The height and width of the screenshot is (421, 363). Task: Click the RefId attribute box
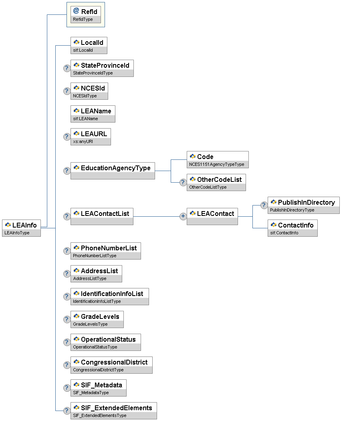click(x=85, y=15)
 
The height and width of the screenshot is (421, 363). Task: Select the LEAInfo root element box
click(x=22, y=228)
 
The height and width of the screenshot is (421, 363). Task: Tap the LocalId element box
click(x=89, y=45)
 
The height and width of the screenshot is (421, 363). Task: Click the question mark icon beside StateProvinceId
click(x=67, y=68)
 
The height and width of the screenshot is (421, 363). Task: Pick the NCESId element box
click(x=89, y=91)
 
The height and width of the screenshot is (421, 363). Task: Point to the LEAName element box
click(x=93, y=114)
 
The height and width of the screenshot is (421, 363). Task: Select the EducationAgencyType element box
click(x=113, y=171)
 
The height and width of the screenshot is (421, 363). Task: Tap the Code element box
click(x=218, y=159)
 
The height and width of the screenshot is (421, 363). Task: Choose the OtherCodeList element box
click(x=216, y=182)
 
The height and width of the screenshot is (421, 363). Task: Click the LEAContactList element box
click(x=102, y=216)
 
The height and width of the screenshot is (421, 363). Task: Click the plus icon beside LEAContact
click(x=183, y=216)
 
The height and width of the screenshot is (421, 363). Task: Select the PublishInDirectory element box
click(x=304, y=205)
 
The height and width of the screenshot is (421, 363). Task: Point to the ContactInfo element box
click(x=292, y=228)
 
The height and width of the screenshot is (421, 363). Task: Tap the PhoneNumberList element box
click(x=106, y=251)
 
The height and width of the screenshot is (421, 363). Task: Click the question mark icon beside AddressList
click(x=67, y=274)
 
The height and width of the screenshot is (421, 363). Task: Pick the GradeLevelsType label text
click(x=90, y=324)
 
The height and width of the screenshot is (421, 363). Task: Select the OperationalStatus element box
click(x=106, y=342)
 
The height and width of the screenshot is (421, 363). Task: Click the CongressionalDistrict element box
click(x=111, y=365)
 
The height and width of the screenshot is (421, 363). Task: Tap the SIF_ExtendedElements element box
click(x=114, y=411)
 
